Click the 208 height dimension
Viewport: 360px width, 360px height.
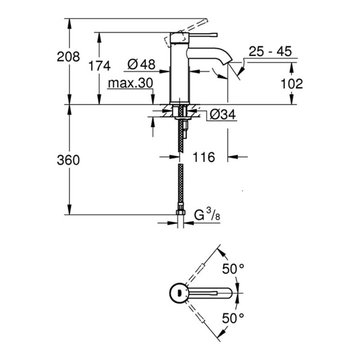(x=69, y=57)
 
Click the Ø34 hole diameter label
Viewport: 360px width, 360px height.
(x=222, y=115)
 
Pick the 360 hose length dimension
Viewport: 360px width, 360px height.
(x=68, y=160)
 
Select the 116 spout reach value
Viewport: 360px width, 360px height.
(x=203, y=157)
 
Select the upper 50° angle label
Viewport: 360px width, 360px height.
(x=234, y=269)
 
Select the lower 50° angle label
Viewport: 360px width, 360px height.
(x=234, y=319)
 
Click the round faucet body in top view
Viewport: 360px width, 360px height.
(x=180, y=293)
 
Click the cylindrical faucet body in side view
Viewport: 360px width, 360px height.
(x=179, y=72)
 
